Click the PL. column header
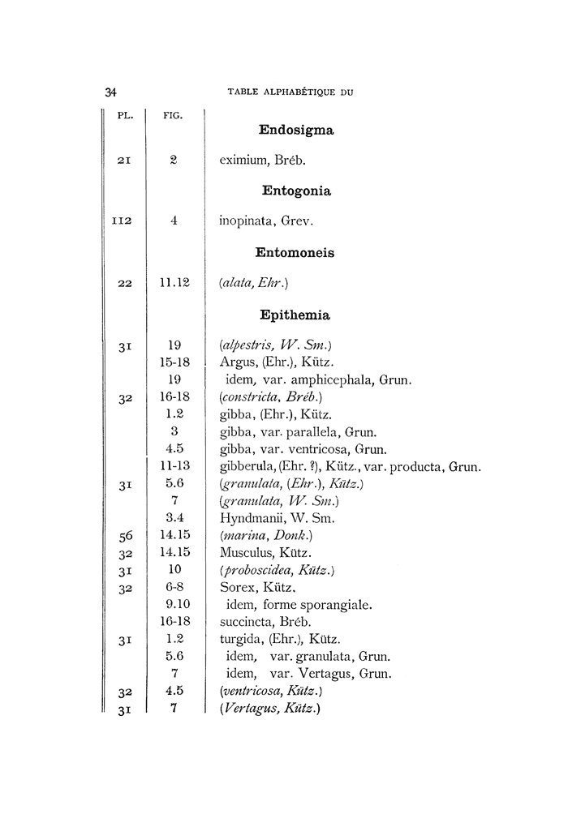click(125, 114)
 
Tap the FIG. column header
click(173, 114)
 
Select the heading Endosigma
click(296, 130)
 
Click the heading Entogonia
click(296, 191)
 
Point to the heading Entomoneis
click(295, 253)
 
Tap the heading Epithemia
click(295, 315)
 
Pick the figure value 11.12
click(174, 282)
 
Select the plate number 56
click(124, 536)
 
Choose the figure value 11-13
click(174, 466)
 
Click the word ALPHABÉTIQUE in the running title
click(294, 92)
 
